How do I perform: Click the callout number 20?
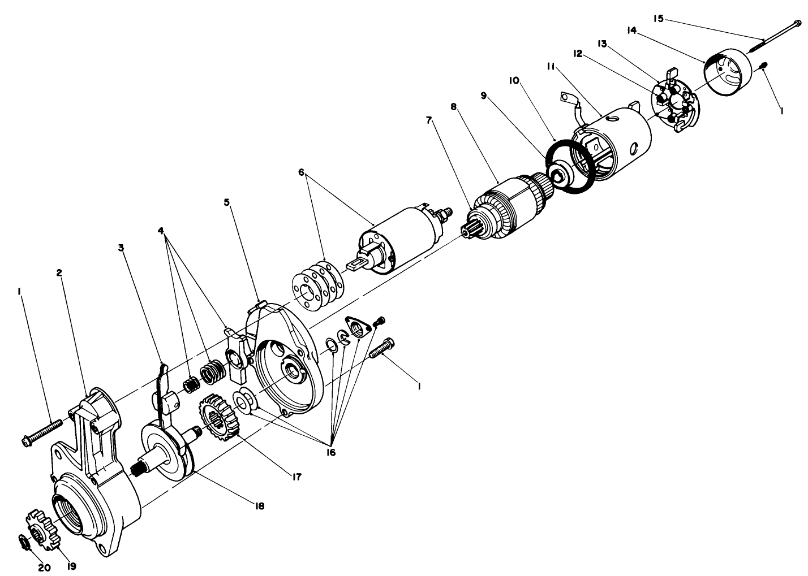(x=44, y=567)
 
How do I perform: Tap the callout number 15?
(x=658, y=19)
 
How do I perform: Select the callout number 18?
(x=259, y=506)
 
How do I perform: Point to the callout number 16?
(x=330, y=453)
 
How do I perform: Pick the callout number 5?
(x=227, y=202)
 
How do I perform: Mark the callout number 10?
(x=515, y=81)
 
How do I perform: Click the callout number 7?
(x=429, y=120)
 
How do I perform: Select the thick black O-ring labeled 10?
(x=570, y=167)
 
